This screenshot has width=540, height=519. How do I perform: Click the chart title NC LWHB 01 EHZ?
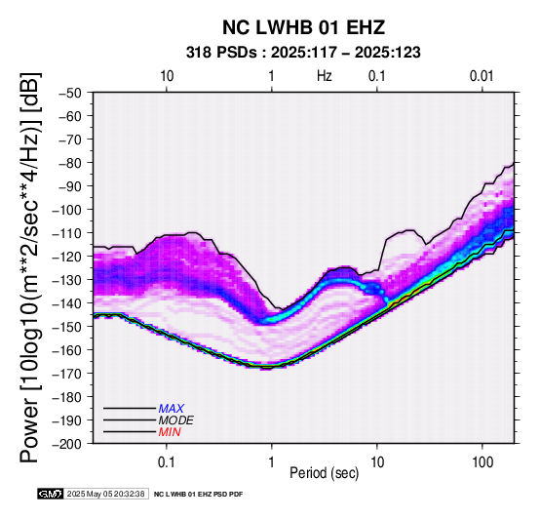(x=303, y=27)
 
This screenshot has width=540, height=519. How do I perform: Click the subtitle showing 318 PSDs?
(x=303, y=53)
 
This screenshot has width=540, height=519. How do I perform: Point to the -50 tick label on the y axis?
(x=70, y=93)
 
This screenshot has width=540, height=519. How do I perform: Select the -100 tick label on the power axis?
(x=67, y=210)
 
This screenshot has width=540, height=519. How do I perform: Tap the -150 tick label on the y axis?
(x=67, y=327)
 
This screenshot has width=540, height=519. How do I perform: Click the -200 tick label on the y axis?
(x=67, y=444)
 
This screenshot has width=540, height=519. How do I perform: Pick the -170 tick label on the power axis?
(x=67, y=374)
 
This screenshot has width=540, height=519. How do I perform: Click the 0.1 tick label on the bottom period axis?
(x=167, y=462)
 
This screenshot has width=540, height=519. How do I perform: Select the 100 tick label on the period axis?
(x=482, y=462)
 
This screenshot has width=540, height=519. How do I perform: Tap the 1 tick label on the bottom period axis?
(x=272, y=462)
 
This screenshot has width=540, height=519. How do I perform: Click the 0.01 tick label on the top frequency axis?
(x=482, y=76)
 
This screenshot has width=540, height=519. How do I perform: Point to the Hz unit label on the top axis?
(x=325, y=76)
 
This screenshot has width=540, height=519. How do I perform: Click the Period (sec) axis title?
(x=324, y=473)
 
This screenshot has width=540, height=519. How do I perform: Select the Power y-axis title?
(x=30, y=267)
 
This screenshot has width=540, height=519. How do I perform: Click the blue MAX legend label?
(x=172, y=409)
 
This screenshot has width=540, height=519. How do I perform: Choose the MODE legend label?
(x=176, y=420)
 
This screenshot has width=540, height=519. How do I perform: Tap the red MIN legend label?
(x=170, y=432)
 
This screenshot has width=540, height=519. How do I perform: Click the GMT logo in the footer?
(x=51, y=494)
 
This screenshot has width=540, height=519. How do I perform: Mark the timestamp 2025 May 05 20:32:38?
(x=105, y=494)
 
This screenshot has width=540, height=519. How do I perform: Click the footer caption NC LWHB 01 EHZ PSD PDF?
(x=199, y=495)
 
